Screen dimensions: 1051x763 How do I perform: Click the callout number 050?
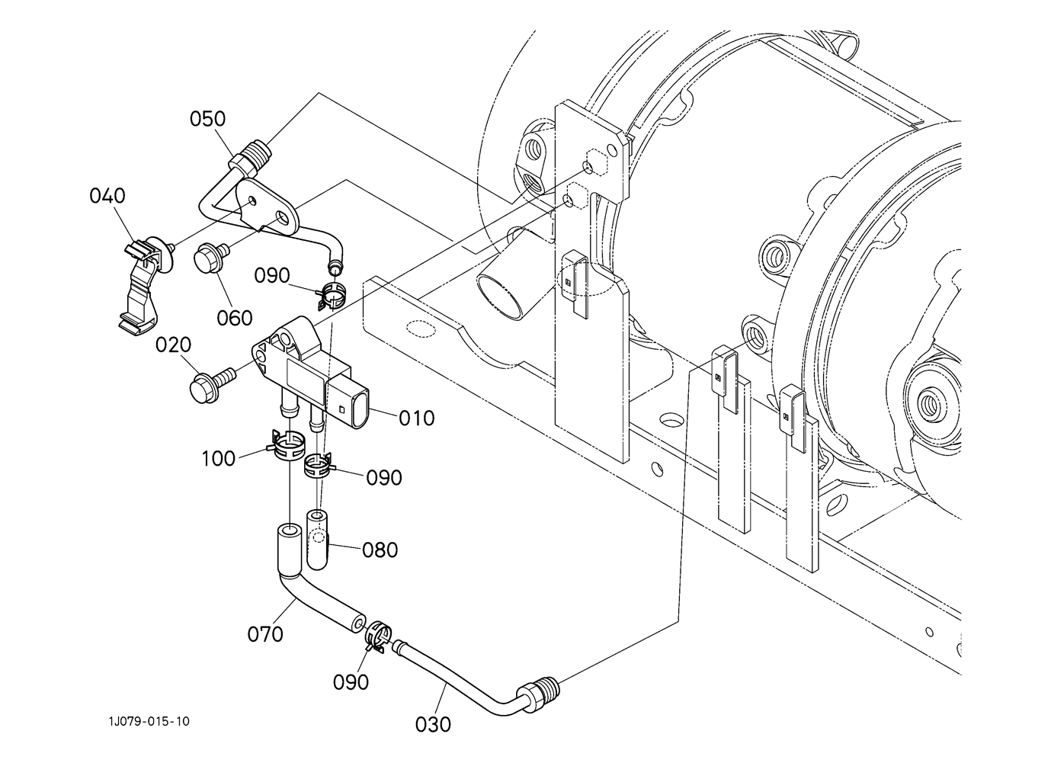pos(207,119)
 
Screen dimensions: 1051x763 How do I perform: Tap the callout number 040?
pos(107,196)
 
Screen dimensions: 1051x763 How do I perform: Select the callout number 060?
pos(235,318)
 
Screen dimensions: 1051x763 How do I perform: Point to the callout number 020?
pos(173,345)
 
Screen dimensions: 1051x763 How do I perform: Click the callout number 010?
pos(417,418)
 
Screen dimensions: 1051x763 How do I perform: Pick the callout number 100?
pos(218,458)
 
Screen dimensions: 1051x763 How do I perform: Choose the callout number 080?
pos(380,550)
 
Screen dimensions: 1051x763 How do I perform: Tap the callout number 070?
pos(265,634)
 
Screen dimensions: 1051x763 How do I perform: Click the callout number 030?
pos(433,725)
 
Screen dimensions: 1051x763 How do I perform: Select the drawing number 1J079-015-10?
pos(149,721)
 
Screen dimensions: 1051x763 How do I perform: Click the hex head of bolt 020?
pos(203,388)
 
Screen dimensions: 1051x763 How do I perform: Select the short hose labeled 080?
pos(318,540)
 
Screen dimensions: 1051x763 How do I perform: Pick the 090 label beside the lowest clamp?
pos(351,682)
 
